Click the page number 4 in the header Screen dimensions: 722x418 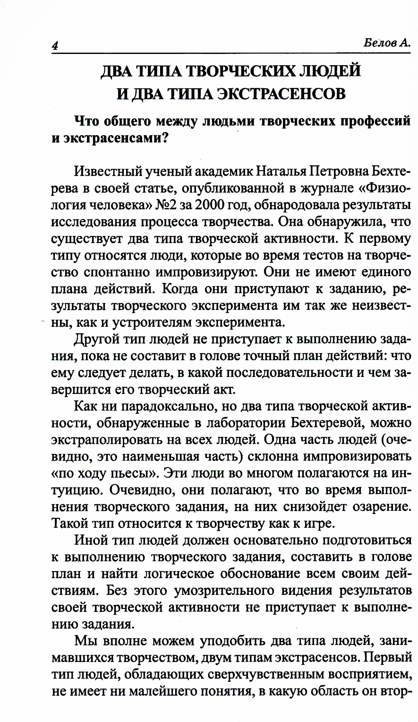click(x=54, y=46)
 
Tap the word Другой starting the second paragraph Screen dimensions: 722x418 click(x=95, y=339)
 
